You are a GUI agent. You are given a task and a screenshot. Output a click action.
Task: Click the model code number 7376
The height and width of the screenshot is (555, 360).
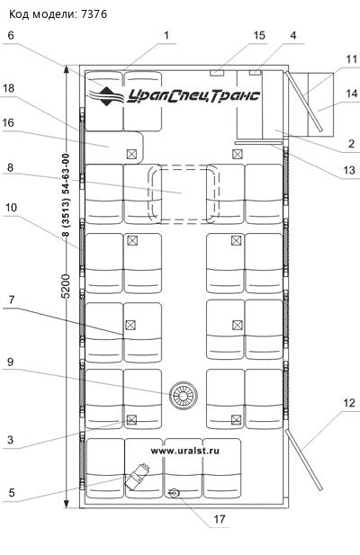pyautogui.click(x=94, y=14)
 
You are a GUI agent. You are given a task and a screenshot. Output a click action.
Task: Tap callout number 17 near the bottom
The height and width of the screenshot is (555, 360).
pyautogui.click(x=220, y=519)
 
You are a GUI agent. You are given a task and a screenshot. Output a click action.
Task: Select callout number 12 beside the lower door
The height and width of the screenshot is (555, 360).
pyautogui.click(x=349, y=403)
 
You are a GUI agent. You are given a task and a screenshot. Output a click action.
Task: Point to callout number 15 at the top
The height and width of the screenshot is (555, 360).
pyautogui.click(x=259, y=35)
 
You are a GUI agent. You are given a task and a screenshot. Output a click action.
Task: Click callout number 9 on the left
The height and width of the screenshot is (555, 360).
pyautogui.click(x=10, y=362)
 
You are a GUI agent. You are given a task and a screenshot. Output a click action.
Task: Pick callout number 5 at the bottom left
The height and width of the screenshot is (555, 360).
pyautogui.click(x=12, y=492)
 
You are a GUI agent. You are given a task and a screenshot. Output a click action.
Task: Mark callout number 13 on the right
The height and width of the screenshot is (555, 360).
pyautogui.click(x=349, y=170)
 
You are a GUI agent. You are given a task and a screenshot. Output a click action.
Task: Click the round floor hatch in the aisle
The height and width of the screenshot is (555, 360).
pyautogui.click(x=183, y=396)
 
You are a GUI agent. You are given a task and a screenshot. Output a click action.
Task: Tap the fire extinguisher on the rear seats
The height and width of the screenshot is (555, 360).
pyautogui.click(x=137, y=477)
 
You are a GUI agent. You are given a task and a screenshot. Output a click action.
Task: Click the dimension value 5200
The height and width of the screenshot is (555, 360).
pyautogui.click(x=67, y=286)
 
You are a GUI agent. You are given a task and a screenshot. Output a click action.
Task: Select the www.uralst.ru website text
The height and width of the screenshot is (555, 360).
pyautogui.click(x=185, y=451)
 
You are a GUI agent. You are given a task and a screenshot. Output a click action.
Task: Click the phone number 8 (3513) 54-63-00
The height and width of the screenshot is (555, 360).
pyautogui.click(x=67, y=194)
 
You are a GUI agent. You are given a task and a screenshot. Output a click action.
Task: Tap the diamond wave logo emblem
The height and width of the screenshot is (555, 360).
pyautogui.click(x=106, y=96)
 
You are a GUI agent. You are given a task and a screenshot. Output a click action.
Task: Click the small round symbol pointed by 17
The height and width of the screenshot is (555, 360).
pyautogui.click(x=174, y=493)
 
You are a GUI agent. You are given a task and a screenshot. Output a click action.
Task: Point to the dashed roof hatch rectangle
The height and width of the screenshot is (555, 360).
pyautogui.click(x=184, y=194)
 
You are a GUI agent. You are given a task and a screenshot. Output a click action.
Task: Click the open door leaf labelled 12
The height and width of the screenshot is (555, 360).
pyautogui.click(x=304, y=460)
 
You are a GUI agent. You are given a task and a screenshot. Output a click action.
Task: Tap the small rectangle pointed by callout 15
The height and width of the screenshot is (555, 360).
pyautogui.click(x=217, y=73)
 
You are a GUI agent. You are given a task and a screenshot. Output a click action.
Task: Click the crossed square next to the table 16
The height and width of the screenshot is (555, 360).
pyautogui.click(x=131, y=154)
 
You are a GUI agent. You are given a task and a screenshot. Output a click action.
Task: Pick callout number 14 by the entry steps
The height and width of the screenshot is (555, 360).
pyautogui.click(x=351, y=94)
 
